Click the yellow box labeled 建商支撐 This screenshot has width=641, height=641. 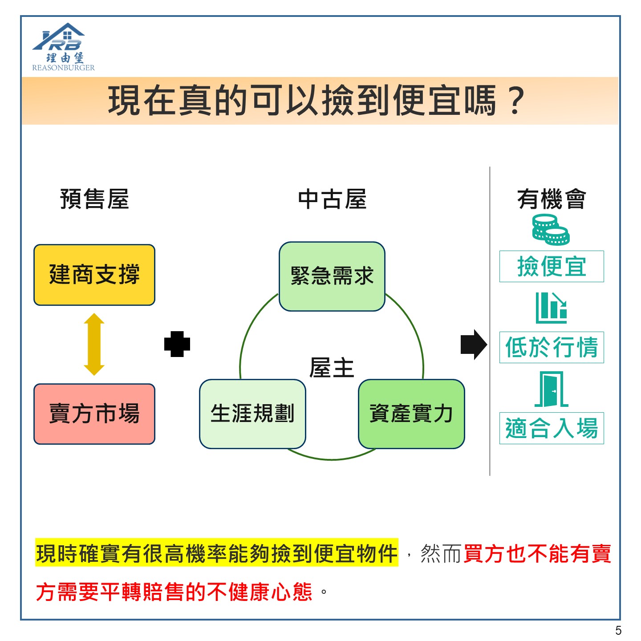(94, 275)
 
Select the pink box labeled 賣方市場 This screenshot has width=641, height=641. (94, 414)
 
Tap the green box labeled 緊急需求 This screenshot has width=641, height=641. (332, 276)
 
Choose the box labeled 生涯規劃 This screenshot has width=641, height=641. (252, 414)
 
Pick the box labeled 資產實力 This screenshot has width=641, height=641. (411, 414)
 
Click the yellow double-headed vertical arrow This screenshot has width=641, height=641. (94, 344)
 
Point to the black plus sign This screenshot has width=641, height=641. (177, 344)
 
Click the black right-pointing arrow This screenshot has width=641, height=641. (474, 345)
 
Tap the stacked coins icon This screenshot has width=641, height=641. (551, 230)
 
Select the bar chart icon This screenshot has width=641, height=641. (551, 308)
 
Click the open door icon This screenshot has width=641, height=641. (551, 389)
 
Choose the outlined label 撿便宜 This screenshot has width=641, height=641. (552, 267)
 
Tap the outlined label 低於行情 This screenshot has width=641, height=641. (552, 347)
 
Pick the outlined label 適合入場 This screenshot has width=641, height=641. (552, 428)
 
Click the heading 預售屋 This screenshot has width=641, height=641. (94, 199)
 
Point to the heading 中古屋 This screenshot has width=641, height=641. (332, 199)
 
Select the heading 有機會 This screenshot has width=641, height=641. (552, 199)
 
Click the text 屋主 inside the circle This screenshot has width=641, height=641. (332, 368)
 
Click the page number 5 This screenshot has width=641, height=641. (618, 630)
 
